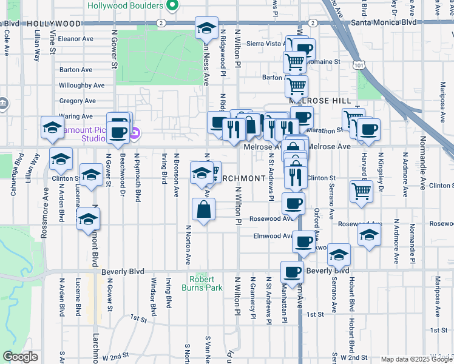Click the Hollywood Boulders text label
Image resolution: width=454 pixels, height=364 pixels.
125,5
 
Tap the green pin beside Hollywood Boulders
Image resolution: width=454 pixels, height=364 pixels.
172,5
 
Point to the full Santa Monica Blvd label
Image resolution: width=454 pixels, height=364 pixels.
384,22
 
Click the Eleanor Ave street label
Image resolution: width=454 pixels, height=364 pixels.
76,38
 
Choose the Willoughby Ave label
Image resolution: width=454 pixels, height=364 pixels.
82,86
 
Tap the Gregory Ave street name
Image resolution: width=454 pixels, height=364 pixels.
78,101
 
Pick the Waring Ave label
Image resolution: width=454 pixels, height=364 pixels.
76,116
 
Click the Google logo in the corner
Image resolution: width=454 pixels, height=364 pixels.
20,357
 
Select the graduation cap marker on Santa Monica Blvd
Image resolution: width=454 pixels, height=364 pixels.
206,28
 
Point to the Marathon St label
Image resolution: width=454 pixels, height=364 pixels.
328,130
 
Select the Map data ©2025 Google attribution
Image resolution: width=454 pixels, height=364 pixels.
416,359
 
